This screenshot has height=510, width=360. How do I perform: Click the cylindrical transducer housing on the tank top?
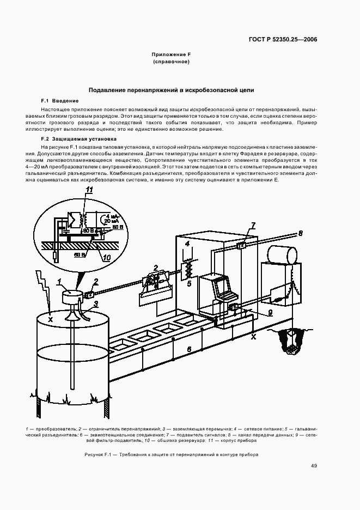click(71, 297)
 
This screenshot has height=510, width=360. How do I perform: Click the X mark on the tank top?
click(50, 319)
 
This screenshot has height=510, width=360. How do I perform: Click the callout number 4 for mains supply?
click(187, 244)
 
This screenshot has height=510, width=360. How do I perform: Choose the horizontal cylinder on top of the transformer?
click(282, 253)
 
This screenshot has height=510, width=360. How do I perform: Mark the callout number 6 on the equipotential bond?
click(188, 347)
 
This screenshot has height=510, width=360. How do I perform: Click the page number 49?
click(314, 466)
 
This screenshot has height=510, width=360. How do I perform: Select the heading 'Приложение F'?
click(171, 54)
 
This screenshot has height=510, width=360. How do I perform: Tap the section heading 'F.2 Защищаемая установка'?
click(75, 139)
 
